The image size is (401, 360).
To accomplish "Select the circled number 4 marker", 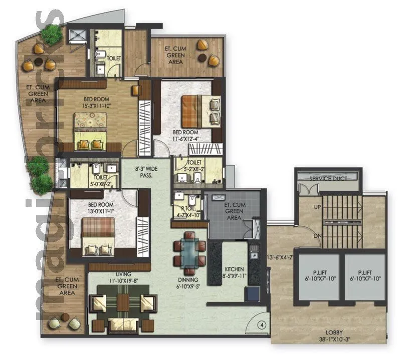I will coord(261,324).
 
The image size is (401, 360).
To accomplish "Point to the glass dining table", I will coord(189,249).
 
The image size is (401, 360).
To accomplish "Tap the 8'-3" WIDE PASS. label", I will coord(146,173).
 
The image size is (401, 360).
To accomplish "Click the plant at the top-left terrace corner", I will coord(51,35).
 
